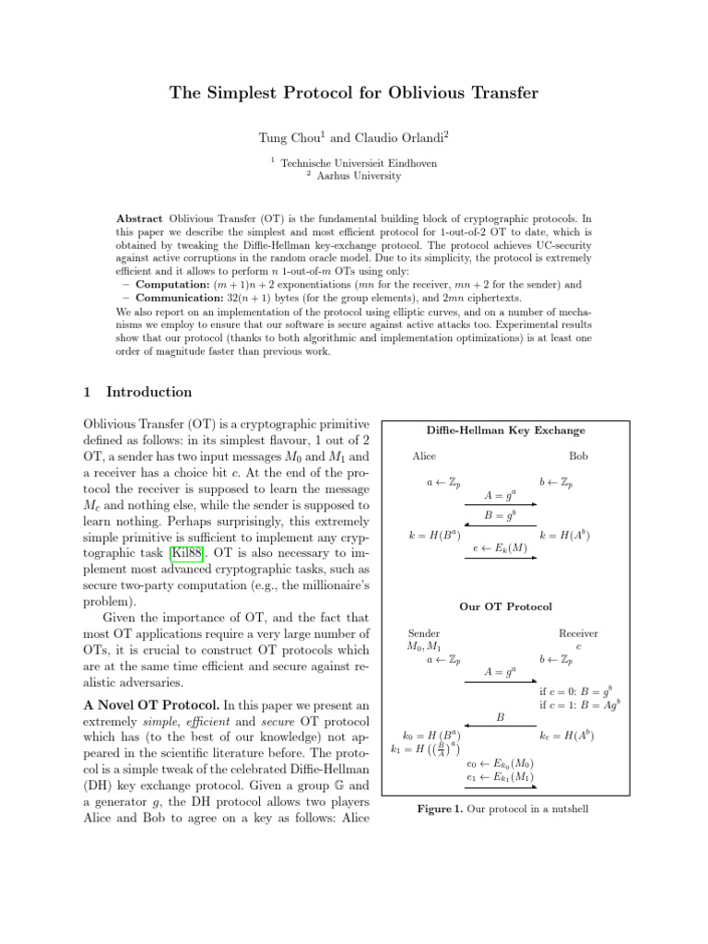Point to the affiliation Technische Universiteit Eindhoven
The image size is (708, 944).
pos(359,162)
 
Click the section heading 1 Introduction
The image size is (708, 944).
pos(138,392)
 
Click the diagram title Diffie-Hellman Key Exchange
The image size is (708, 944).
pos(504,431)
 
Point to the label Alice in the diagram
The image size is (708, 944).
pos(424,456)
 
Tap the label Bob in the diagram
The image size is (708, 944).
pos(578,456)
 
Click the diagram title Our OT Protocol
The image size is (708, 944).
pos(505,607)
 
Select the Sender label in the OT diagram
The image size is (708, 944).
pos(423,633)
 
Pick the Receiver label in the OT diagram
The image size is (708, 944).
pos(578,633)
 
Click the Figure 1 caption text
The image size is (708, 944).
pos(502,809)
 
